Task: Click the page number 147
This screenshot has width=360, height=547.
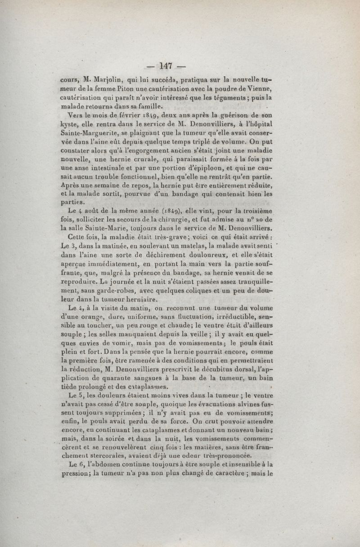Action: [166, 66]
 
